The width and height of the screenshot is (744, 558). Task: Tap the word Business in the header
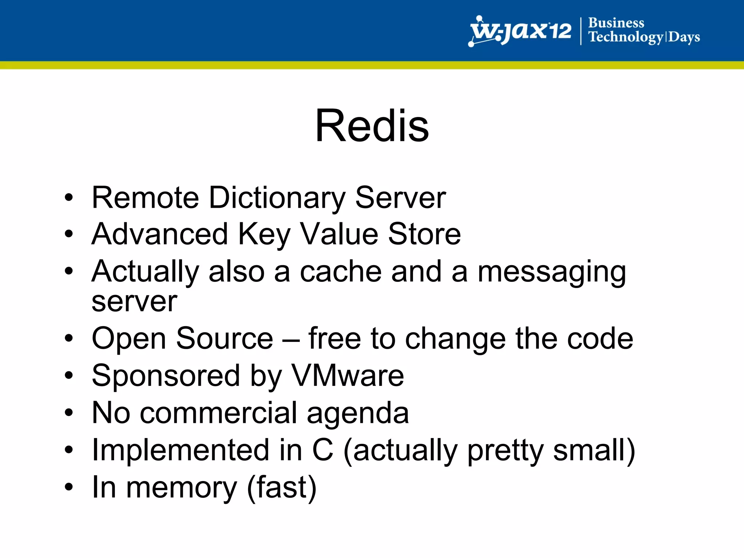616,23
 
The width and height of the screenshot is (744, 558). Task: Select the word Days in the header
684,37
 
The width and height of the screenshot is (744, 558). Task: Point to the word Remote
145,198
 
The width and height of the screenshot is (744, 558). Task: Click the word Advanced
159,234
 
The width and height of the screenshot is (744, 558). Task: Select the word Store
424,234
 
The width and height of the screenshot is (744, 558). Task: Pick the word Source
224,339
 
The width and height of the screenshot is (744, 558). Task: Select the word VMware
348,376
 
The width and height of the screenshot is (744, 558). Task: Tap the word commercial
219,413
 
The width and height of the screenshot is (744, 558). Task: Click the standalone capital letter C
323,450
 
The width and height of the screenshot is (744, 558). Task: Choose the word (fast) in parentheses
282,488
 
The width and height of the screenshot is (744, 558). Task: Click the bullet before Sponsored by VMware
69,376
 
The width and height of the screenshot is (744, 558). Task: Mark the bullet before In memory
69,487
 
